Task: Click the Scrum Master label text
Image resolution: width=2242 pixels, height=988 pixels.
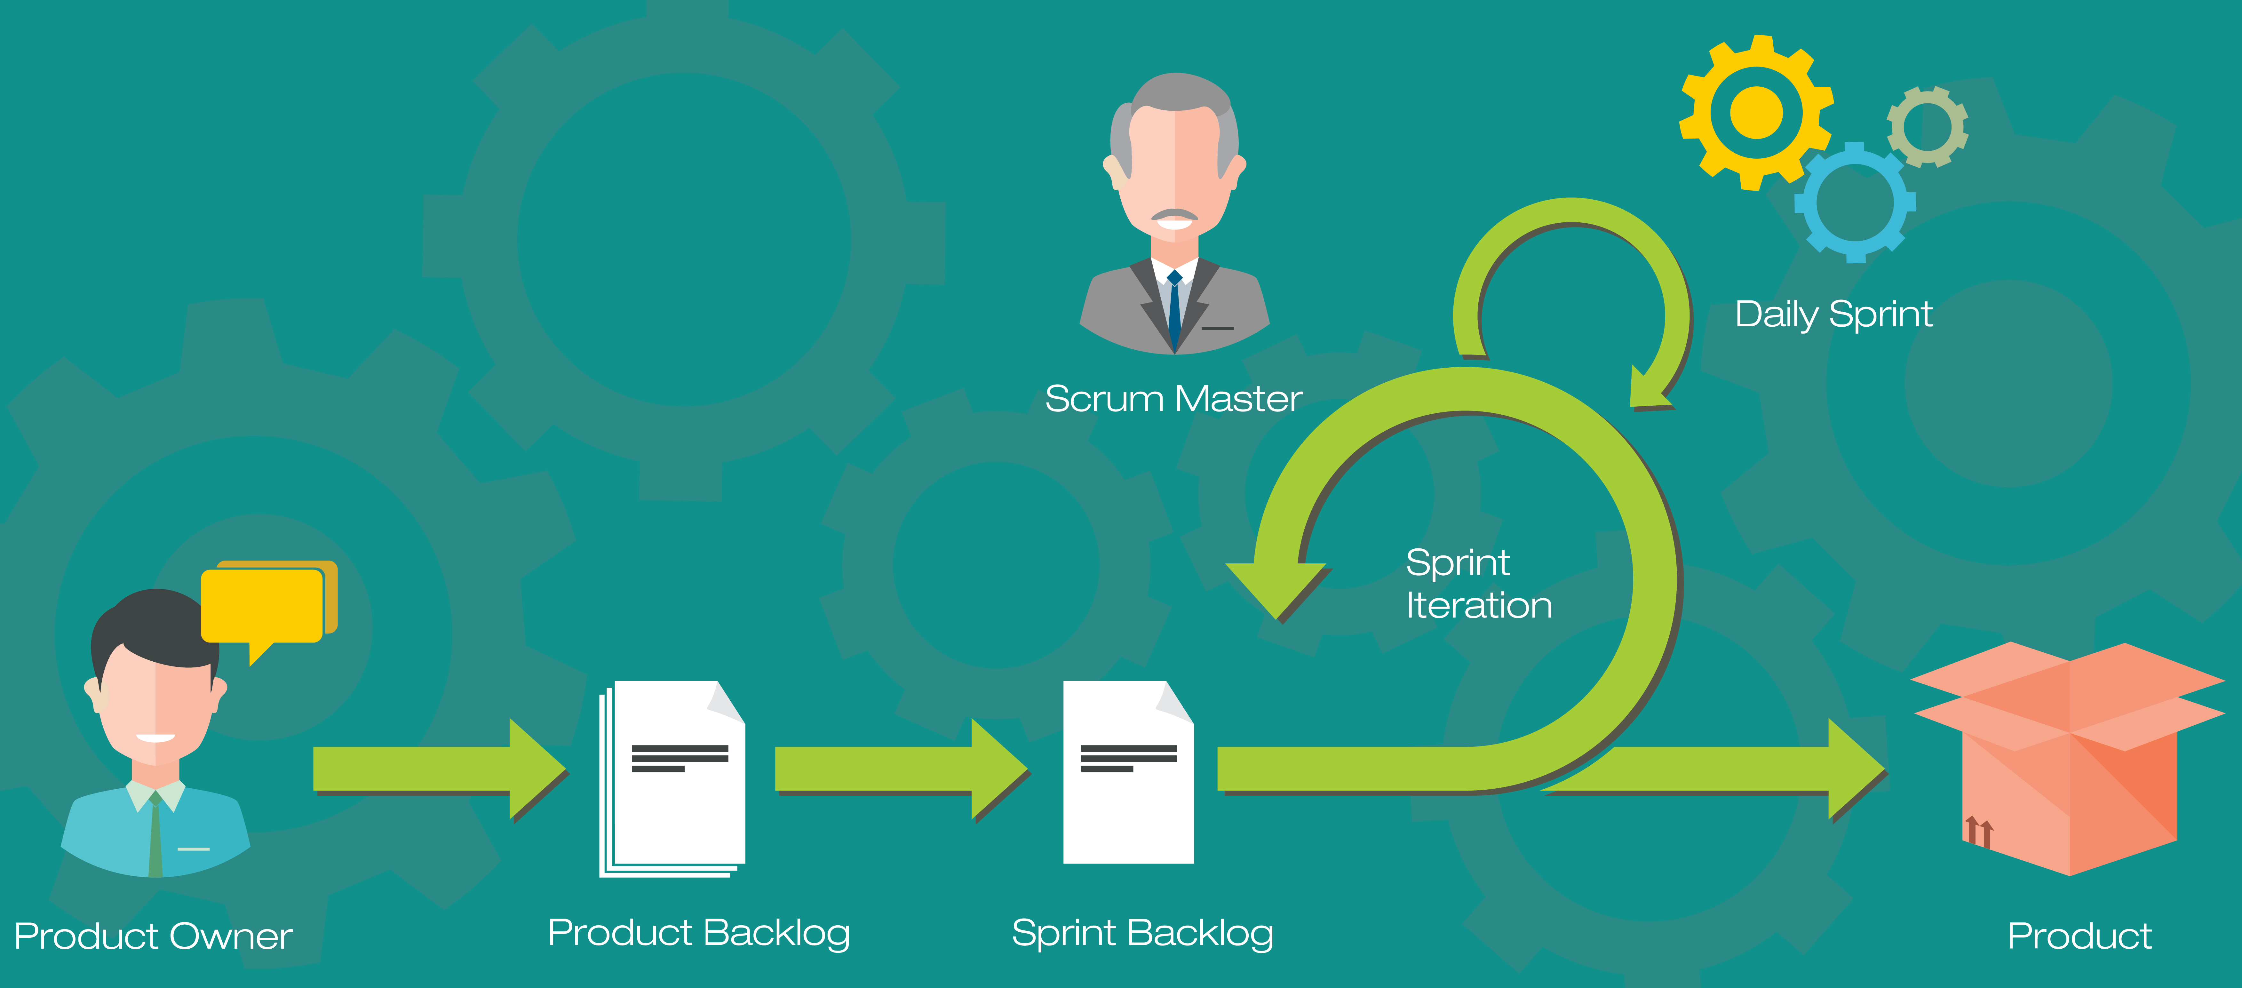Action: click(1173, 399)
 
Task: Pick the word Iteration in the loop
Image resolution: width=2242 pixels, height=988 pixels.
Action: click(1479, 605)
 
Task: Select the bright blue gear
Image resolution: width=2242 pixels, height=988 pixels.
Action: click(1855, 202)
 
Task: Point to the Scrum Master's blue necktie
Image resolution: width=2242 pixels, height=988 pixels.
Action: click(1174, 309)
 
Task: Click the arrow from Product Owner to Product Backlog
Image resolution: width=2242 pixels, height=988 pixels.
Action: click(435, 769)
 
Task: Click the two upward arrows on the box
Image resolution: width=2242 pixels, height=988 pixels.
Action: click(1978, 831)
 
